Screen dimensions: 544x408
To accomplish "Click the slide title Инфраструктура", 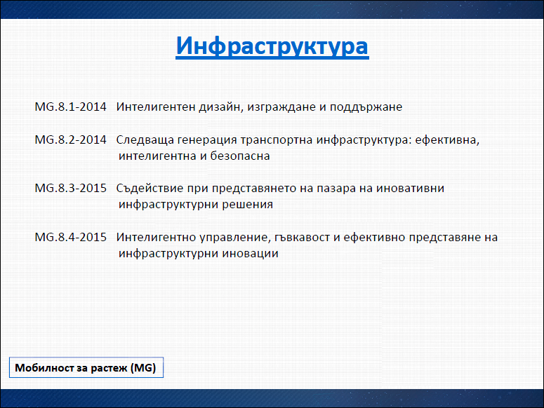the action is [x=272, y=46].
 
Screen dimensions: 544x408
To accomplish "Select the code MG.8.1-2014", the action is [x=70, y=107].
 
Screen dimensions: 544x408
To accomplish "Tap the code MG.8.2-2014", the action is [x=70, y=140].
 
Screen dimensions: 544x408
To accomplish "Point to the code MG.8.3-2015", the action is [x=70, y=188].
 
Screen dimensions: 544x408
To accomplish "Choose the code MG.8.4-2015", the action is [x=70, y=237].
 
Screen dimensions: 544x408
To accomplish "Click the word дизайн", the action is [x=221, y=107].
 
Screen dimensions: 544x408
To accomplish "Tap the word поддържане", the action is [x=366, y=108].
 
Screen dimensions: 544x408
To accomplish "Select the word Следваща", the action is [x=145, y=140].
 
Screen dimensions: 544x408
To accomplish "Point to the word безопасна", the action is [x=240, y=156].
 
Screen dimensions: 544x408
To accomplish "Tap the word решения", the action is [x=247, y=205].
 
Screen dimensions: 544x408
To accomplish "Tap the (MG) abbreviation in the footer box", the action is [x=143, y=368].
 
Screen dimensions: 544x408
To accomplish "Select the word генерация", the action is [x=207, y=141].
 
